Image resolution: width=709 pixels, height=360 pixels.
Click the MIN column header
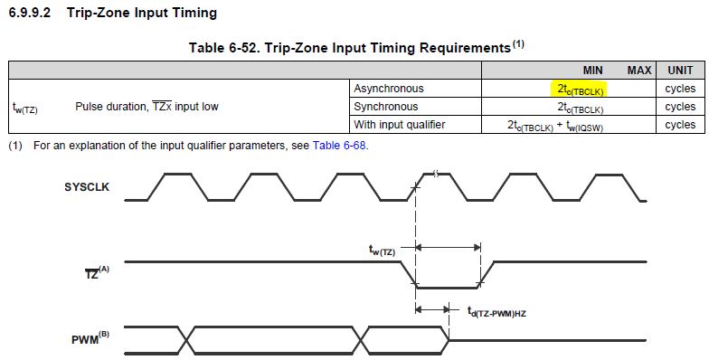point(592,71)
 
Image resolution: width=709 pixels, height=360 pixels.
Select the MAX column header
point(639,71)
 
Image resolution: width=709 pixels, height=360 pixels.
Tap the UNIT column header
point(679,71)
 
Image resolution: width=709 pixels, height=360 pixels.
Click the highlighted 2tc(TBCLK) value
point(580,89)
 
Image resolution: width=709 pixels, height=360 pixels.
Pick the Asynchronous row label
point(388,89)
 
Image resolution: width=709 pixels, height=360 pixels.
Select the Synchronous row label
point(386,107)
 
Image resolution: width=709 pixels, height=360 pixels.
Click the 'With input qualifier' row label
point(399,125)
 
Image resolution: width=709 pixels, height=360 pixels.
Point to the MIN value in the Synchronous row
point(580,107)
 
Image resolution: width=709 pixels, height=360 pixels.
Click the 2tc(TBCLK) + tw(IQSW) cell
point(554,125)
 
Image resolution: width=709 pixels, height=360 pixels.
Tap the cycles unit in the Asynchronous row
point(679,89)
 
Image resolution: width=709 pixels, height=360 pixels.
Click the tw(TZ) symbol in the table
point(24,108)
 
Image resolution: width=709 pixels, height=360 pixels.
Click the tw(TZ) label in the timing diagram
point(382,251)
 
